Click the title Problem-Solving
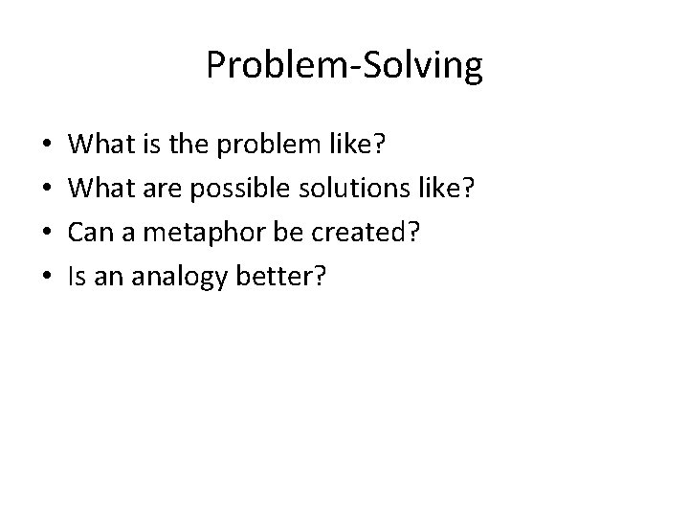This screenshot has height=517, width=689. [x=344, y=66]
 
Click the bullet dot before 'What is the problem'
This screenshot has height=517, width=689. [x=48, y=146]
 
